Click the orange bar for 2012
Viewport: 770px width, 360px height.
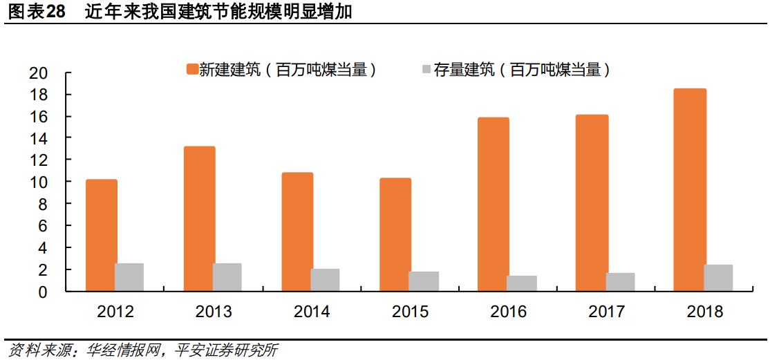pos(101,235)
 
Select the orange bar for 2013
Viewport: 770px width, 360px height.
pos(199,218)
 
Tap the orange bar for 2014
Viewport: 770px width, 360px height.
pos(297,231)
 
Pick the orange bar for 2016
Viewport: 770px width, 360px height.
pos(494,204)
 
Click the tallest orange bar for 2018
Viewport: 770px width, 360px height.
pos(690,189)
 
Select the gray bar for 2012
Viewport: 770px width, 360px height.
pos(129,277)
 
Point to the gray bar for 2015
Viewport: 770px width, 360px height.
pos(424,281)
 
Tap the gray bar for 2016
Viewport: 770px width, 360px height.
pos(522,283)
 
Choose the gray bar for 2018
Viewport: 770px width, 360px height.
pos(718,278)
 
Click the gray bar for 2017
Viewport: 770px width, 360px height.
pos(620,282)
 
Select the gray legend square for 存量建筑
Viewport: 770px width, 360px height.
pos(426,69)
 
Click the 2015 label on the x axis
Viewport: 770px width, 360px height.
pos(410,312)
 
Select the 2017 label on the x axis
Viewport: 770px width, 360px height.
pos(606,312)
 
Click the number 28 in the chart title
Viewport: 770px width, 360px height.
pos(55,12)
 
